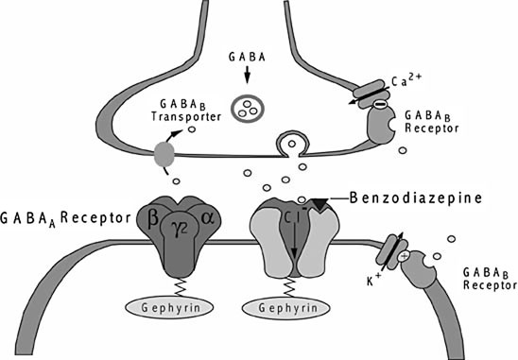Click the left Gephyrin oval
pos(178,308)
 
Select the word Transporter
pos(184,117)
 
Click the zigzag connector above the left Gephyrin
pos(177,285)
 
